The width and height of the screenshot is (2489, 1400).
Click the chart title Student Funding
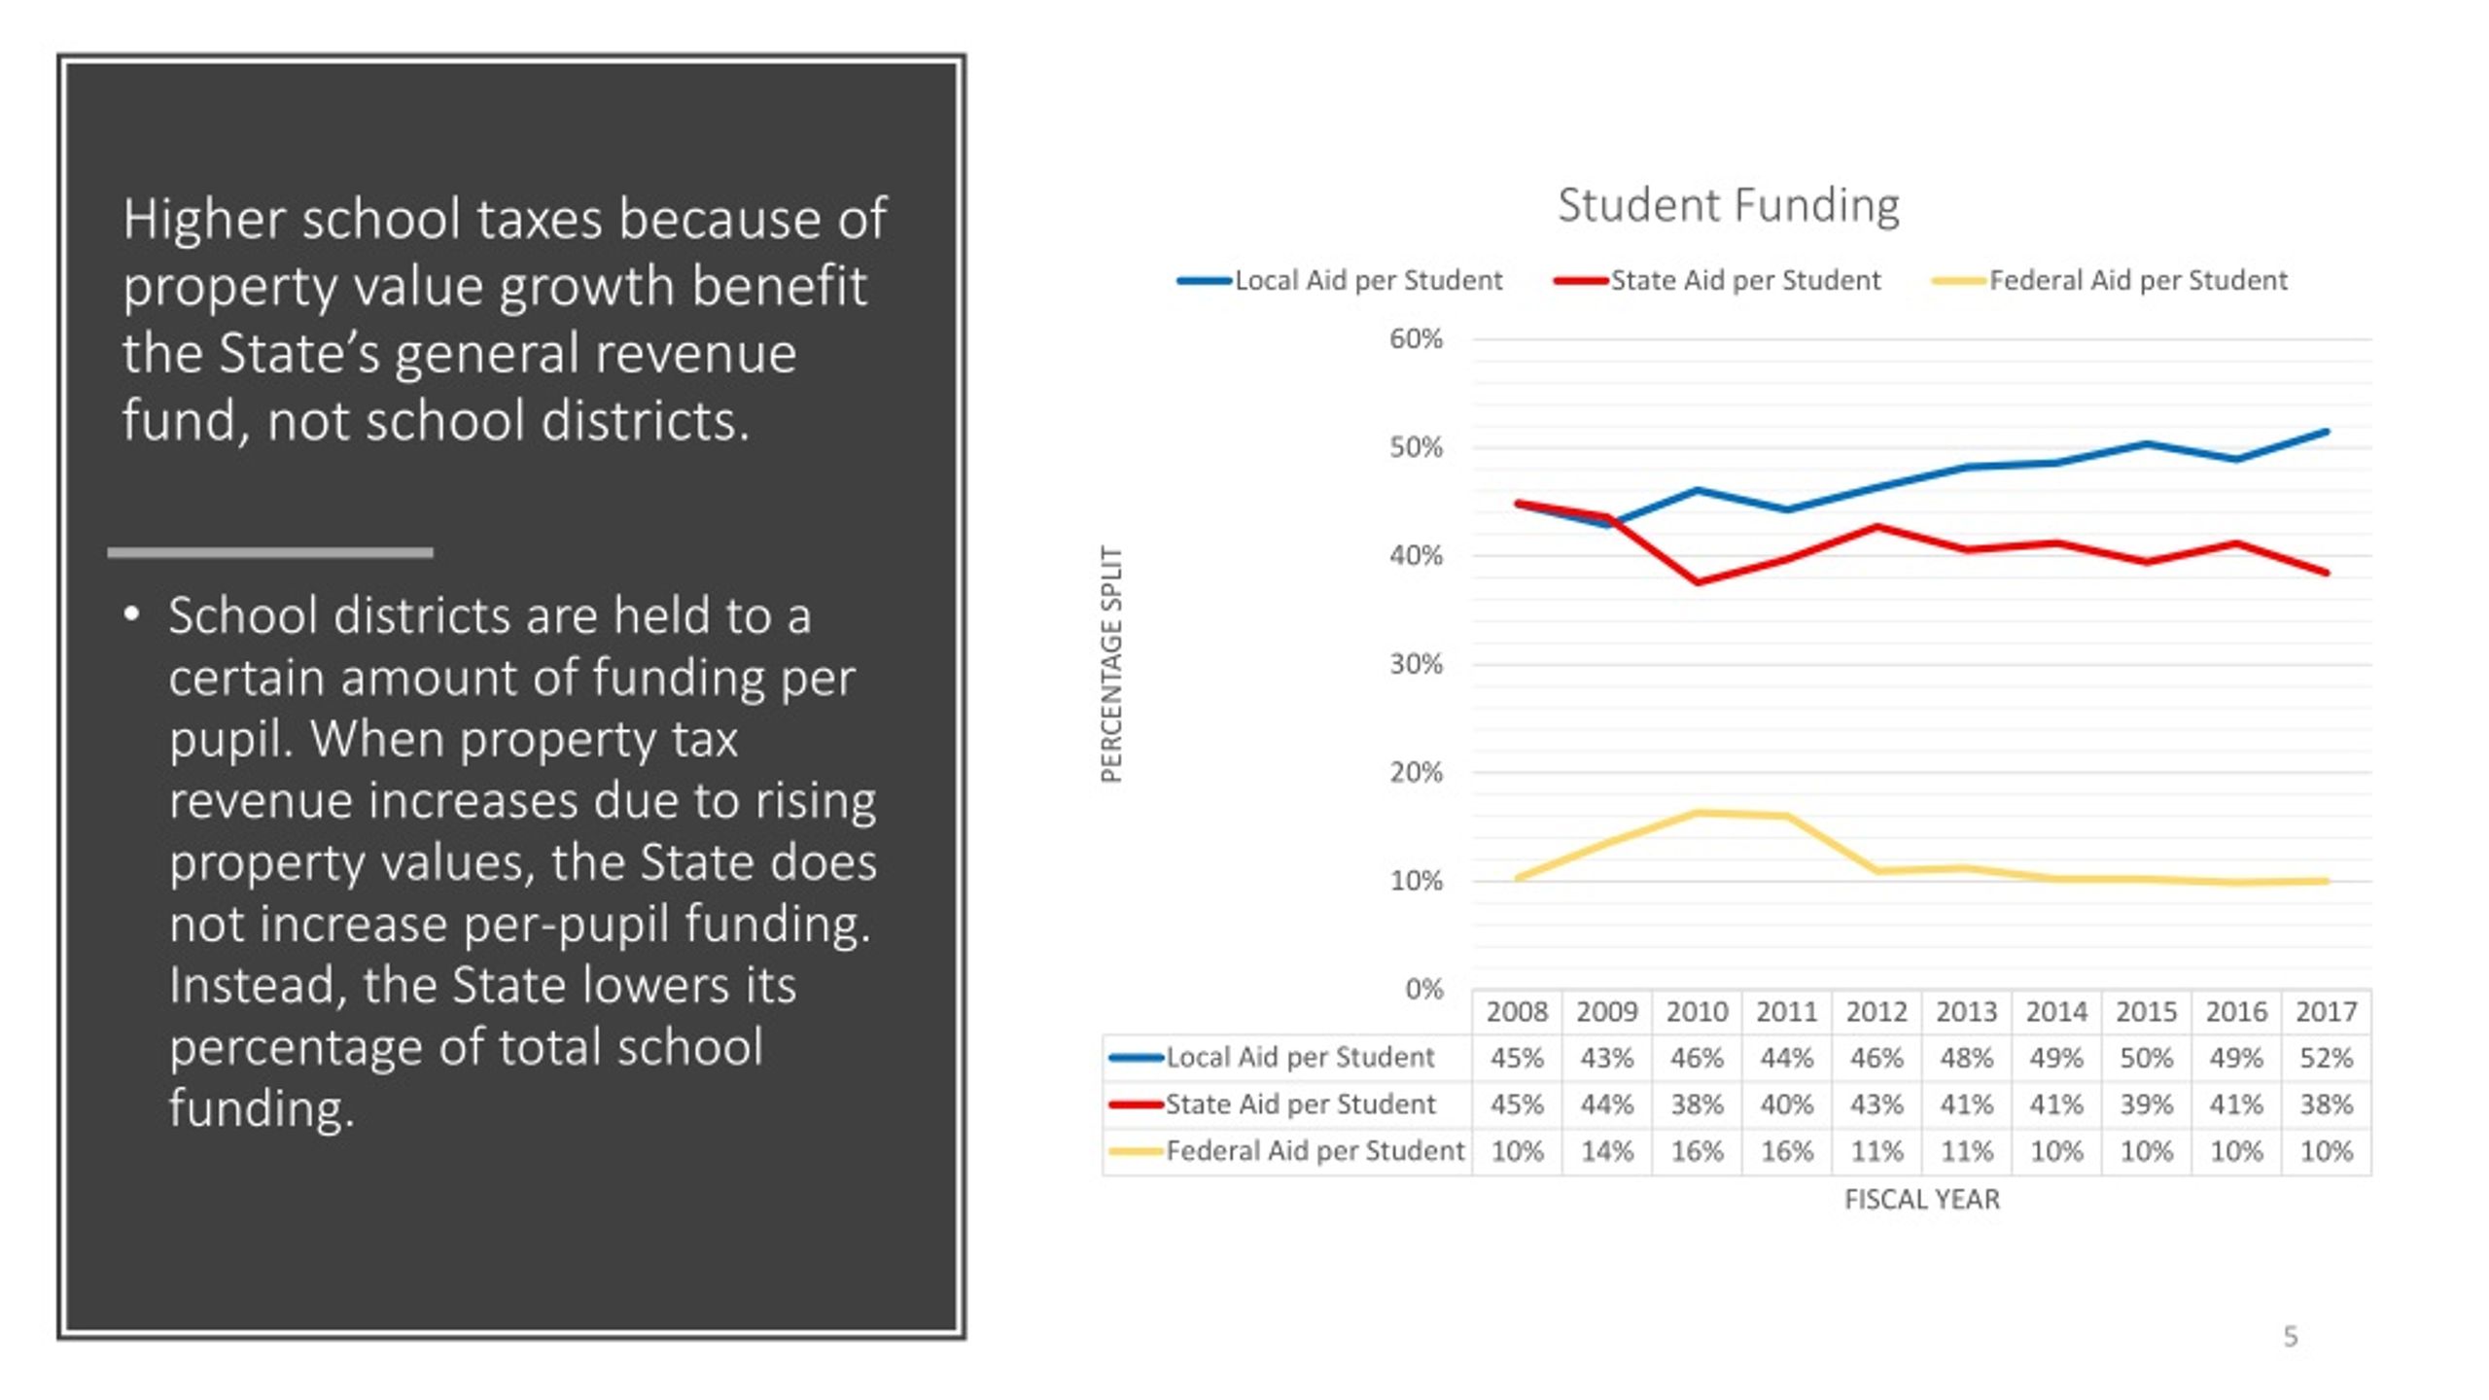point(1728,205)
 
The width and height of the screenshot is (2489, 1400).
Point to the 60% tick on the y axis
point(1416,339)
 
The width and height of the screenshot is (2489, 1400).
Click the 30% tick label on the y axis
point(1416,665)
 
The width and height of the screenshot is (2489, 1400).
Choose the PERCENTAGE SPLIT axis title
point(1111,664)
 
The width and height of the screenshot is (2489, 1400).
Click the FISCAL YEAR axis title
point(1921,1200)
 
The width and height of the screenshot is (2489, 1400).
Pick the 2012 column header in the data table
point(1876,1012)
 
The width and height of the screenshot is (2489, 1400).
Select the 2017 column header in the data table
point(2326,1012)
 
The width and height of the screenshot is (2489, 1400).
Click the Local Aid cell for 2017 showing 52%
point(2326,1058)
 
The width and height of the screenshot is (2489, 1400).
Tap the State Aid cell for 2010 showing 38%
point(1697,1104)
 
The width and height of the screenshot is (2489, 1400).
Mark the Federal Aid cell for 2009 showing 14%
point(1606,1152)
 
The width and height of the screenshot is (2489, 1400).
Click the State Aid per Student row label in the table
point(1299,1104)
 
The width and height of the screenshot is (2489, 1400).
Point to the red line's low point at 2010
point(1698,582)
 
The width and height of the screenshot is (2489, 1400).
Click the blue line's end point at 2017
point(2327,432)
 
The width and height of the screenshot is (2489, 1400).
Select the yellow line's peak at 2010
point(1698,813)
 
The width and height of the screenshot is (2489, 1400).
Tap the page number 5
point(2291,1337)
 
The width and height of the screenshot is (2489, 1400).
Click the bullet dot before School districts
point(132,615)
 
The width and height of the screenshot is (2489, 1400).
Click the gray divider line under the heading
point(270,552)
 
